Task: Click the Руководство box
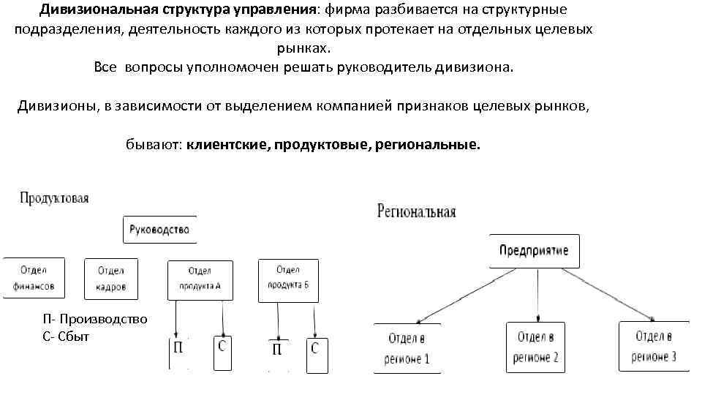pyautogui.click(x=159, y=230)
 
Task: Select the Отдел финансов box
pyautogui.click(x=34, y=277)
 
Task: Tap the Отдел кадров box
pyautogui.click(x=110, y=278)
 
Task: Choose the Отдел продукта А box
pyautogui.click(x=200, y=279)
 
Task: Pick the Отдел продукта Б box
pyautogui.click(x=288, y=278)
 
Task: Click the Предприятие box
pyautogui.click(x=534, y=252)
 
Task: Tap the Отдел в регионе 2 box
pyautogui.click(x=536, y=346)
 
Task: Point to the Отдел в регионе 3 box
pyautogui.click(x=654, y=345)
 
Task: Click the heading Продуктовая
pyautogui.click(x=54, y=198)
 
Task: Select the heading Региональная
pyautogui.click(x=416, y=212)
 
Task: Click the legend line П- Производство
pyautogui.click(x=95, y=319)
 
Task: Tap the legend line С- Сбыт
pyautogui.click(x=67, y=336)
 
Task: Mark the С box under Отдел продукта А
pyautogui.click(x=223, y=352)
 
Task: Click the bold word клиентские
pyautogui.click(x=227, y=145)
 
